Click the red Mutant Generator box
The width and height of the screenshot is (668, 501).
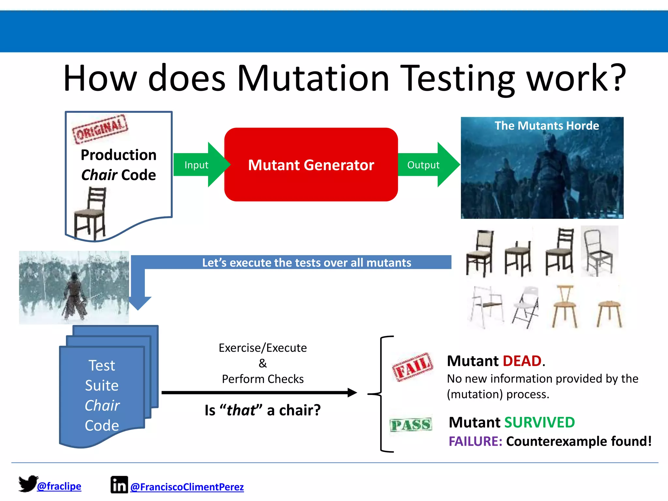tap(311, 164)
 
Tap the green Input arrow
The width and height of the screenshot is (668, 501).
tap(199, 165)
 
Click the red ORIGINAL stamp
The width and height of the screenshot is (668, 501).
tap(100, 129)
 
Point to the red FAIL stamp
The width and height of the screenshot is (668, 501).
tap(413, 367)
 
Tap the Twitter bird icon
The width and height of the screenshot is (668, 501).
tap(28, 483)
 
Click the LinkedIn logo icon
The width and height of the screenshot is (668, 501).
tap(119, 485)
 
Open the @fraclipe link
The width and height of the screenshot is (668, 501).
tap(59, 486)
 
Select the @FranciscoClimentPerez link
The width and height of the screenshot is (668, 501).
tap(187, 487)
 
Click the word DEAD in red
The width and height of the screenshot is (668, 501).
tap(522, 361)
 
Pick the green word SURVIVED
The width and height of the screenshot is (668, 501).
tap(539, 422)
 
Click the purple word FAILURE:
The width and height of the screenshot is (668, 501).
tap(475, 441)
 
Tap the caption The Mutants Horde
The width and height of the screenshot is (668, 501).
tap(547, 126)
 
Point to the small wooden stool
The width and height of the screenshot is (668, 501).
tap(609, 313)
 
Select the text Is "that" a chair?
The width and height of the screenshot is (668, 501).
tap(263, 410)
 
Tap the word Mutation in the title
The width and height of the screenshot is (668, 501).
tap(313, 78)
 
